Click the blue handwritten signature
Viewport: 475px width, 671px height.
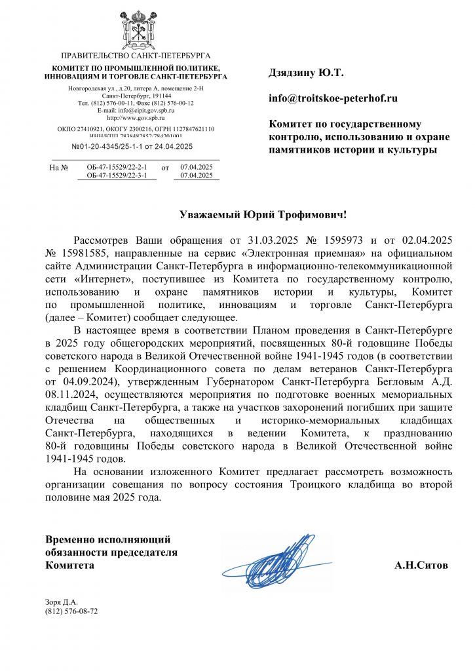coord(275,561)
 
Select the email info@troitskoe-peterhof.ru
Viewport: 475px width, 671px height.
coord(333,98)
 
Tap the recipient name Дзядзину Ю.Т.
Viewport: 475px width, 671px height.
coord(306,73)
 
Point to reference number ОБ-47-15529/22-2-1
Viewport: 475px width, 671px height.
coord(117,168)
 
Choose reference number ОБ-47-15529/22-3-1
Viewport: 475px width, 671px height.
coord(117,176)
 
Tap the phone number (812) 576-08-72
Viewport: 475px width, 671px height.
coord(71,611)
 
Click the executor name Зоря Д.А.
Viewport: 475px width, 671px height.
coord(62,602)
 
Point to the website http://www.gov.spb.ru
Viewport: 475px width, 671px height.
coord(135,118)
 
